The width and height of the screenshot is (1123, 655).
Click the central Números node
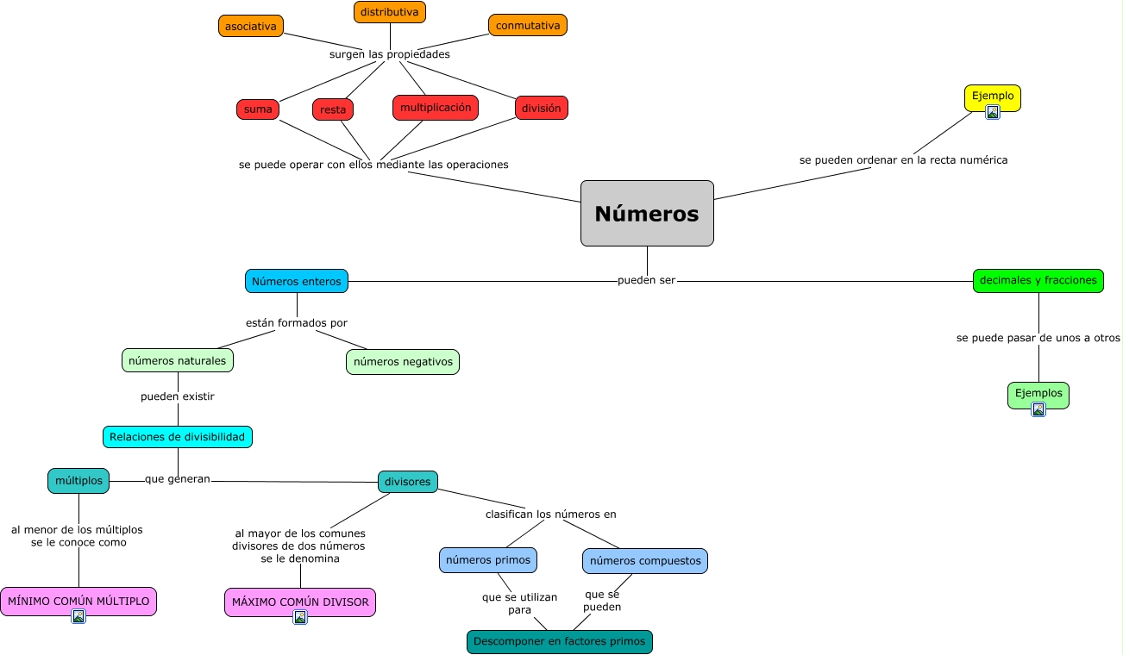(x=647, y=213)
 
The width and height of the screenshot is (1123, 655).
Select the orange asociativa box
(x=251, y=26)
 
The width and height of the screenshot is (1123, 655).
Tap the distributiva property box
(x=390, y=12)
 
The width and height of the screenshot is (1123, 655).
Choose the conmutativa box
(x=528, y=25)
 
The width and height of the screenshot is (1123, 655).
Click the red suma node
(x=258, y=109)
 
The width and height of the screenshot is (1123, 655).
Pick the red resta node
(x=333, y=109)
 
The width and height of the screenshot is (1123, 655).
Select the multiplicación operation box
(x=436, y=108)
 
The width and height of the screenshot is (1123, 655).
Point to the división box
(x=542, y=108)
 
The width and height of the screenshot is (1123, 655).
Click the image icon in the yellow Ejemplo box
(x=993, y=111)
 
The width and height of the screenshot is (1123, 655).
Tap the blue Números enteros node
(x=297, y=281)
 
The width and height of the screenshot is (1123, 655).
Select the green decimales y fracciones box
(x=1038, y=280)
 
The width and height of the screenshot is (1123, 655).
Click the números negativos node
(x=403, y=362)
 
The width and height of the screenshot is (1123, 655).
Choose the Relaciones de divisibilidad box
(x=178, y=437)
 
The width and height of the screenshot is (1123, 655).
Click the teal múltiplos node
(x=78, y=481)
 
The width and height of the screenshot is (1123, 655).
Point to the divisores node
(x=408, y=482)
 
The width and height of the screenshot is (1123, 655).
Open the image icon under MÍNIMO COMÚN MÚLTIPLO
(x=78, y=616)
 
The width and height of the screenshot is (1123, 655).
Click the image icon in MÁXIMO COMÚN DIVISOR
(x=300, y=616)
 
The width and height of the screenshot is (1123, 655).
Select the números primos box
(x=488, y=560)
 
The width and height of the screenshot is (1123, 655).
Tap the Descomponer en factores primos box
(x=560, y=642)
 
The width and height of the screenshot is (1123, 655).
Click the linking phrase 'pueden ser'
(x=647, y=281)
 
